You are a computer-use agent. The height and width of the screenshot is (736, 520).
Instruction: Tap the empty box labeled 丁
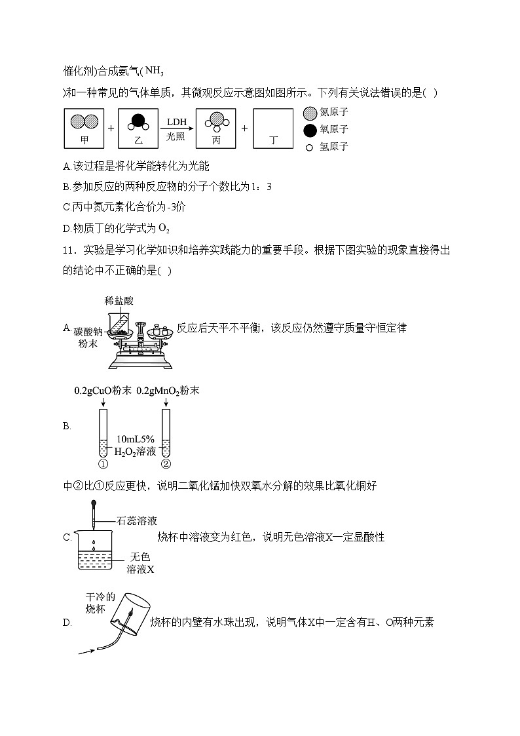272,128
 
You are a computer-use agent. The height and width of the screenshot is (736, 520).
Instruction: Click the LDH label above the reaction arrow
176,122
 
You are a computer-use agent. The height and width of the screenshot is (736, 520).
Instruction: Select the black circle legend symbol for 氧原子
310,130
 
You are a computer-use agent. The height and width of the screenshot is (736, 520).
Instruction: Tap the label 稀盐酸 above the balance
119,301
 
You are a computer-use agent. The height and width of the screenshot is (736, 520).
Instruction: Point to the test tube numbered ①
103,433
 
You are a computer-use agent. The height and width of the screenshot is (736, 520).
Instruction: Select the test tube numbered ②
166,433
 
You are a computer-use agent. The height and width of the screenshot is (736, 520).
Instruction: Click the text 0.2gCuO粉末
103,391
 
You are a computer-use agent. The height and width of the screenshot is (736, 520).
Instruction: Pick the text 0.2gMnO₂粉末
168,391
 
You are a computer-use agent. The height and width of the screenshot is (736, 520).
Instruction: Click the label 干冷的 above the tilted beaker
100,597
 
